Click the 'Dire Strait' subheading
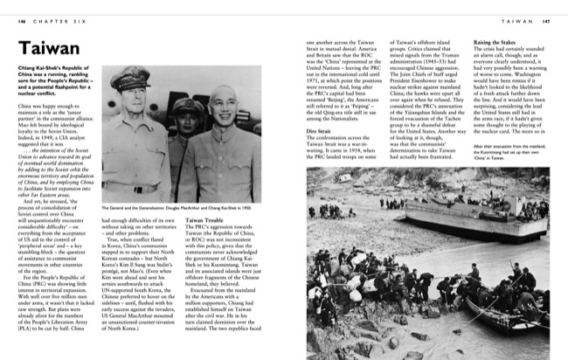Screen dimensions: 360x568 coord(318,130)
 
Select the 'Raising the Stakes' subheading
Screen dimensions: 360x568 coord(493,42)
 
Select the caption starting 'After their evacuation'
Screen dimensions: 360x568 coord(509,149)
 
